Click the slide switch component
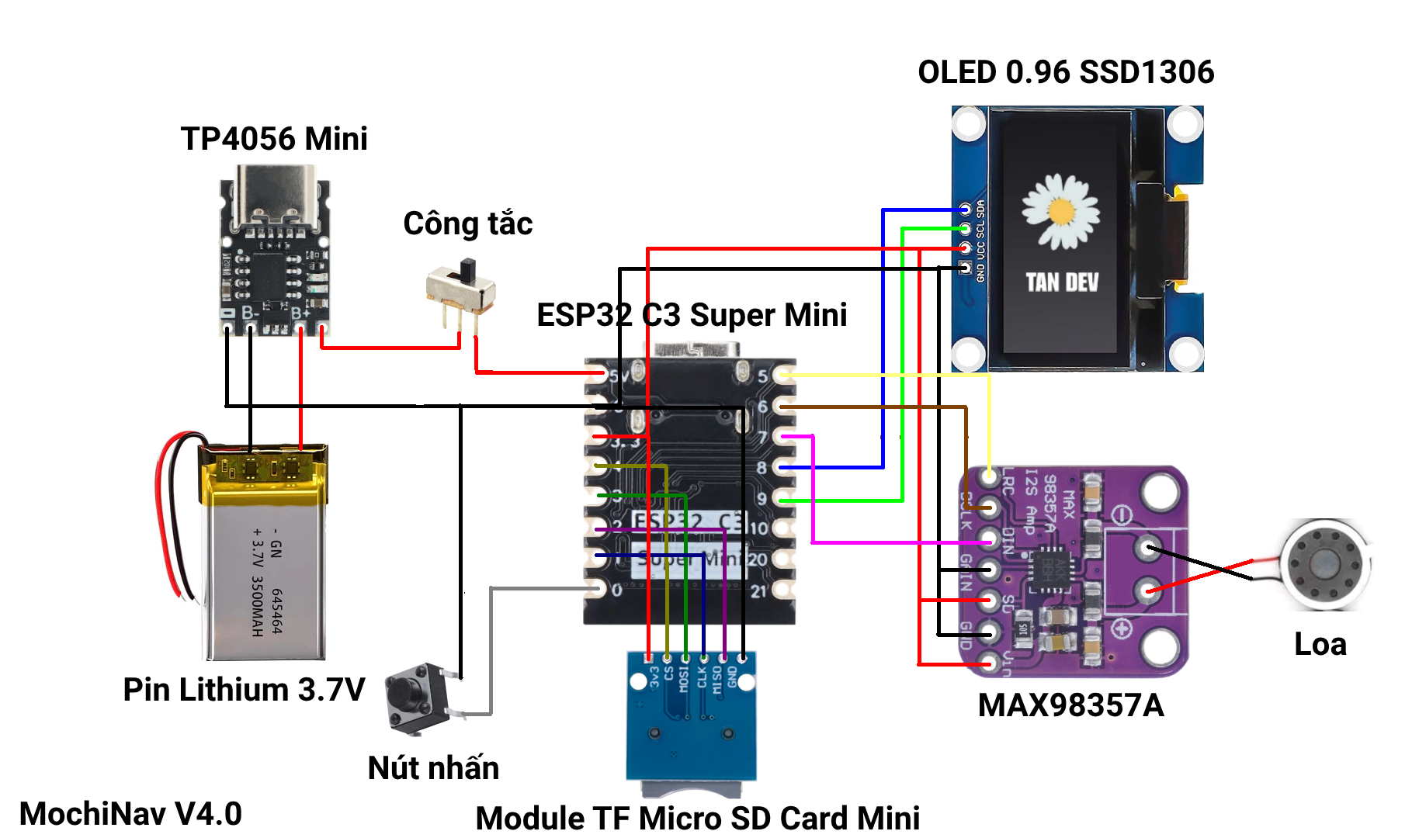tap(461, 289)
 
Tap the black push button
tap(418, 696)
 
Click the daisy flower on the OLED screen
tap(1060, 211)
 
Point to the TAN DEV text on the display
tap(1062, 282)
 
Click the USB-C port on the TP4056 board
tap(276, 194)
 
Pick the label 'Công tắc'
tap(467, 223)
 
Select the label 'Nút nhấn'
tap(433, 767)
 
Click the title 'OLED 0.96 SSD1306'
tap(1066, 72)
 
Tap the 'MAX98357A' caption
tap(1070, 705)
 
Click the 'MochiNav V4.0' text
tap(130, 814)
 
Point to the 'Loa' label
tap(1320, 644)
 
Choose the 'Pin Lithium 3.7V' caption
tap(244, 689)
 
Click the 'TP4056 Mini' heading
tap(274, 139)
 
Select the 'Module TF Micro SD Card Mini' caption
tap(697, 818)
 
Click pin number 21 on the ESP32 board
tap(758, 591)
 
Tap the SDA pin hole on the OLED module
tap(965, 209)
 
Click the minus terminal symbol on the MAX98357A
tap(1122, 514)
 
